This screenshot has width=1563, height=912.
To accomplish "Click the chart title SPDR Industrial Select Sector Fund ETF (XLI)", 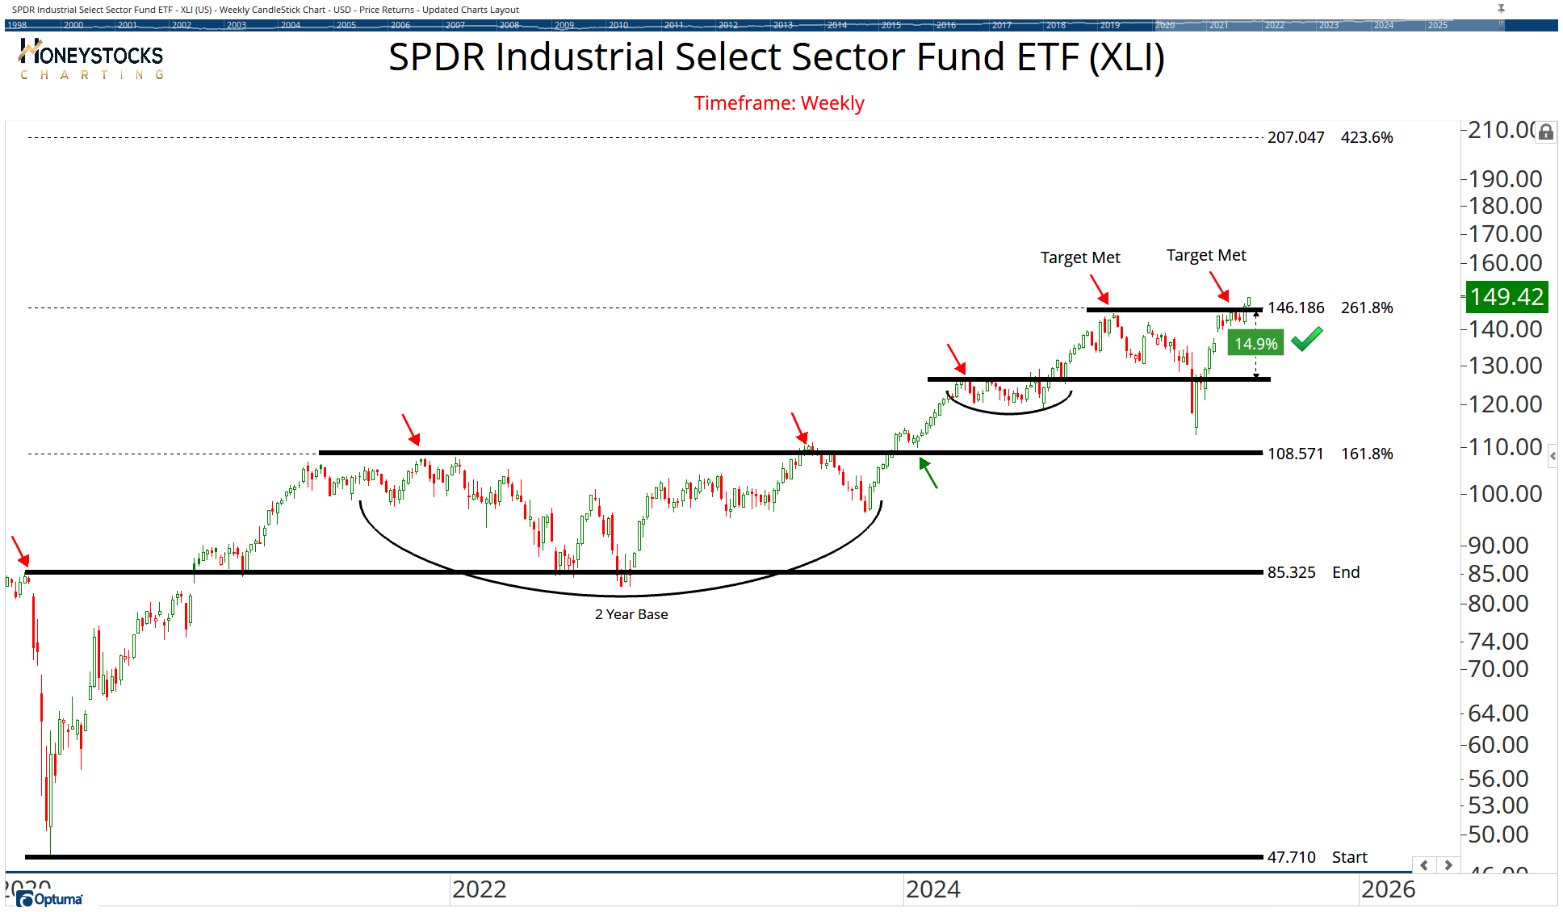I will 776,57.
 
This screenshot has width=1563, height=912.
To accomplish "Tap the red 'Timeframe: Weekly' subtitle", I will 779,103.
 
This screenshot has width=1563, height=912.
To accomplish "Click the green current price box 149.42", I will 1506,297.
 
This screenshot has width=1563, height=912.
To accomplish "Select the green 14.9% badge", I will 1255,344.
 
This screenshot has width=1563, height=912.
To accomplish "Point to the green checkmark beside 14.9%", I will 1306,339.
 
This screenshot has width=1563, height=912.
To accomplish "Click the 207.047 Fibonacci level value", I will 1295,138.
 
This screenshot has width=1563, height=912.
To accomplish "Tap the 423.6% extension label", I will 1367,138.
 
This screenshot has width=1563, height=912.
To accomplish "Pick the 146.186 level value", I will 1295,308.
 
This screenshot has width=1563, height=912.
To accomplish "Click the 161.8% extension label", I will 1367,454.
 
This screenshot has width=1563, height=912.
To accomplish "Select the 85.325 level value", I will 1291,573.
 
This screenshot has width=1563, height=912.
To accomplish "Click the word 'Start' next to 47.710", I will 1349,858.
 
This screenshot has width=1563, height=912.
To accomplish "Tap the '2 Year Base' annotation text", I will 631,615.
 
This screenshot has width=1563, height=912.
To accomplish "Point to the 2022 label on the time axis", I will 479,889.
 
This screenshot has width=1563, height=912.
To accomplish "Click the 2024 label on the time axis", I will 932,889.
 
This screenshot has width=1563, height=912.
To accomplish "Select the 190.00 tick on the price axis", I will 1504,179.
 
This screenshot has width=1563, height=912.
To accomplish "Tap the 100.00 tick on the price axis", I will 1504,494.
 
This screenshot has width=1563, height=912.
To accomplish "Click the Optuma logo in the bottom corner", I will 50,899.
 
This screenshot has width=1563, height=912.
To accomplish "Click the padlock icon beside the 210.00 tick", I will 1545,132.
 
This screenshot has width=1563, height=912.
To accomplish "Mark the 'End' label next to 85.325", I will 1346,573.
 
